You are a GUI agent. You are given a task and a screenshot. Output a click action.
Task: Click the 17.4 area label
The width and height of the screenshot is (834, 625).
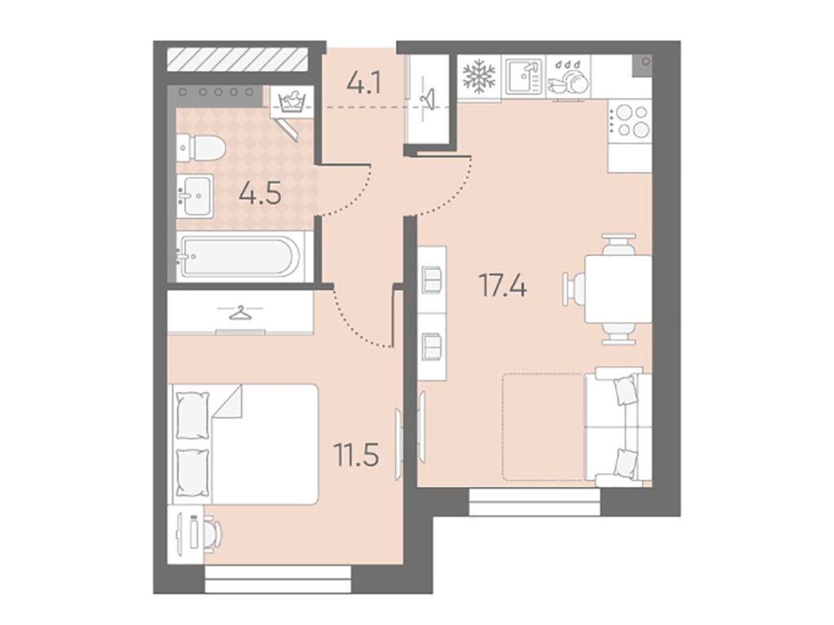(503, 285)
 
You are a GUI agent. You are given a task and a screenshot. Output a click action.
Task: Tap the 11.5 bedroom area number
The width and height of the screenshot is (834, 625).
(356, 455)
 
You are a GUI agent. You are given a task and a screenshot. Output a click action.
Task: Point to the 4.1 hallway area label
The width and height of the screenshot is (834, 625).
(364, 84)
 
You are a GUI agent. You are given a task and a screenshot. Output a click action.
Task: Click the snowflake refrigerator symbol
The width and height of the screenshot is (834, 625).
(479, 77)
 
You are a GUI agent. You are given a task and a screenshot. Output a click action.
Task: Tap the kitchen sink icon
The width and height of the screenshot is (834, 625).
(523, 77)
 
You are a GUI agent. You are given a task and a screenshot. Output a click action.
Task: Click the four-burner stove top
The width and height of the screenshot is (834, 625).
(630, 121)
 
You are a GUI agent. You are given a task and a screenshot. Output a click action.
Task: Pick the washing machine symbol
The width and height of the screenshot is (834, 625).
(291, 101)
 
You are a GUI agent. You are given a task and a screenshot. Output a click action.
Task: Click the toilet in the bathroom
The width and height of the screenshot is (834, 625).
(201, 147)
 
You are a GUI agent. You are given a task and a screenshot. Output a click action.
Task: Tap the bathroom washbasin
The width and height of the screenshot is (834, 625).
(195, 195)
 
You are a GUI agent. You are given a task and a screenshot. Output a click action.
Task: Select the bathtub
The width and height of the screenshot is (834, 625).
(240, 257)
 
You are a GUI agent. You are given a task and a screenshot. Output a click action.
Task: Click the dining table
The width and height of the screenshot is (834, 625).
(618, 289)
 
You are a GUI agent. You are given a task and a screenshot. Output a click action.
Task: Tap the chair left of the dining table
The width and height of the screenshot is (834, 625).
(573, 289)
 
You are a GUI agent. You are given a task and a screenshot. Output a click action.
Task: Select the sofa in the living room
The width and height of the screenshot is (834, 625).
(618, 427)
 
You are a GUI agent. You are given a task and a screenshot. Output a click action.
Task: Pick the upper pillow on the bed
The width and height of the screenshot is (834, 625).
(192, 416)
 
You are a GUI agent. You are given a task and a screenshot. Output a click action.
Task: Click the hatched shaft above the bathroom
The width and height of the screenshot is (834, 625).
(238, 59)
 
